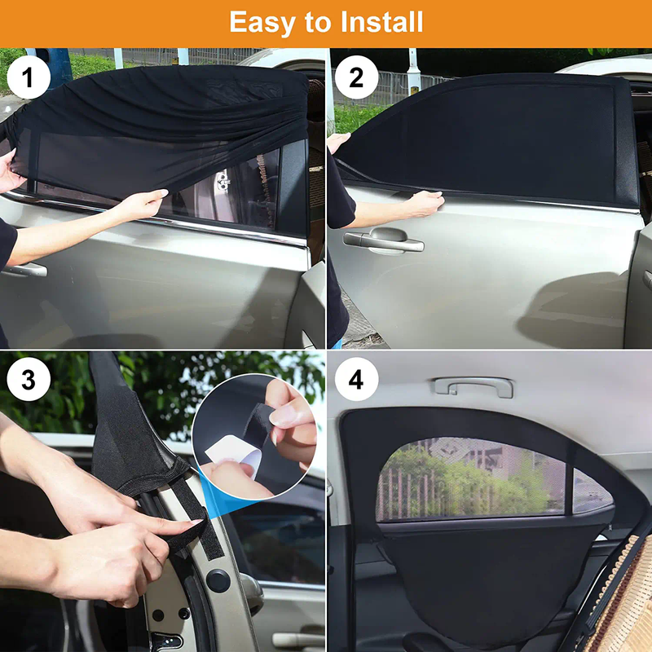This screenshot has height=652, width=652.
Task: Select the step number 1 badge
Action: [x=29, y=78]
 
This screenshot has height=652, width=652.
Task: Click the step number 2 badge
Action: [x=356, y=78]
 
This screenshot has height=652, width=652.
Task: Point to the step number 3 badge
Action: [x=29, y=381]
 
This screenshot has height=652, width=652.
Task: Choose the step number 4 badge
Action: [x=356, y=381]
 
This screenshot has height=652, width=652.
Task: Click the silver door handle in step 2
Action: [x=383, y=241]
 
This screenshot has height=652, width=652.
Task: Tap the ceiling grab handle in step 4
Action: [x=473, y=385]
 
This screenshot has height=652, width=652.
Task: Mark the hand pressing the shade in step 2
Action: [x=425, y=202]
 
